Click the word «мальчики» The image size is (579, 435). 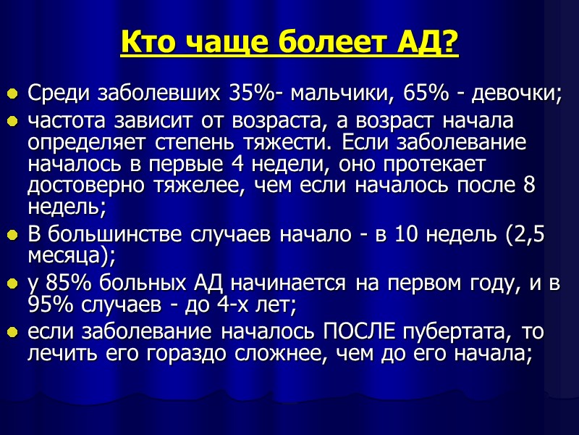click(334, 94)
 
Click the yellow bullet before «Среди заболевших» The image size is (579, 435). click(12, 95)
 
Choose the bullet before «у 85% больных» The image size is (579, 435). click(12, 286)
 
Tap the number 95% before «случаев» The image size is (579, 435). click(48, 306)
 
